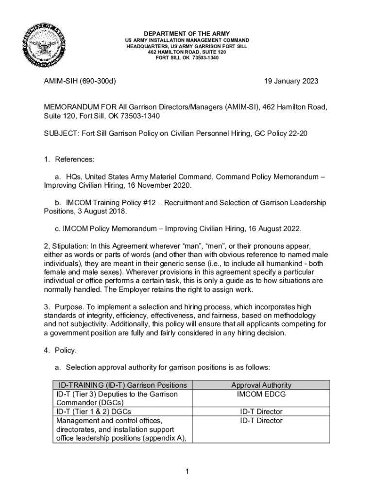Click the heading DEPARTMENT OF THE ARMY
click(x=187, y=34)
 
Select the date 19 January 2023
click(x=288, y=81)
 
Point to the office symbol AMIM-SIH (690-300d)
click(x=80, y=81)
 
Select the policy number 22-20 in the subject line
click(x=298, y=134)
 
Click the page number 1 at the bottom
click(x=187, y=471)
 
